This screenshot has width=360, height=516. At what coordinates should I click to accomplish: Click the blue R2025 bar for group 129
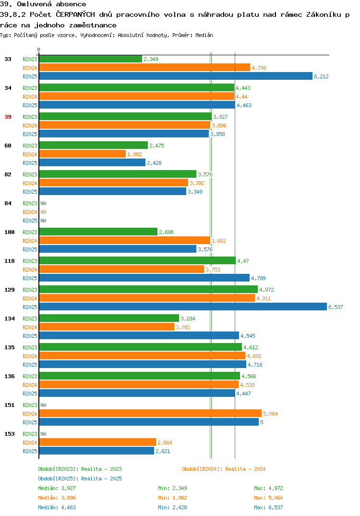[183, 307]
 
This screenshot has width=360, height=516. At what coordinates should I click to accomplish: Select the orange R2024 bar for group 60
[82, 154]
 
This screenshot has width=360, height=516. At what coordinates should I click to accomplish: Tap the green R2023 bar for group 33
[90, 59]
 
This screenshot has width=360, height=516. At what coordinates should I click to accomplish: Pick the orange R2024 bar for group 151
[150, 414]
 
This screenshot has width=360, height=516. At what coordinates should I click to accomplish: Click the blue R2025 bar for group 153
[96, 451]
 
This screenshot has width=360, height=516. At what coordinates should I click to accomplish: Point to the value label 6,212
[321, 76]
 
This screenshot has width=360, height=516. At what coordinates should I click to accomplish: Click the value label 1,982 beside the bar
[134, 154]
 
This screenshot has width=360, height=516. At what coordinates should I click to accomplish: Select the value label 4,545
[248, 336]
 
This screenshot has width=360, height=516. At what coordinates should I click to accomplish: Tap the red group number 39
[8, 117]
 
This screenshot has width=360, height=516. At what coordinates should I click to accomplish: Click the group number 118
[10, 261]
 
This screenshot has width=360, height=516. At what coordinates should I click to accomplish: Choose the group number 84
[8, 203]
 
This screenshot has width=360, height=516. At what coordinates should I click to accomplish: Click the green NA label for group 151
[43, 405]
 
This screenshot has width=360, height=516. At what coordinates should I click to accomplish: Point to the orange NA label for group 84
[43, 212]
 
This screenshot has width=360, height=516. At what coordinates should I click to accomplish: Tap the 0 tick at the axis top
[39, 49]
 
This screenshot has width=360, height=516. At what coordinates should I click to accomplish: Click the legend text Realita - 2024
[245, 469]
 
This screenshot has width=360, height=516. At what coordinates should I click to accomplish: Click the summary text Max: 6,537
[268, 507]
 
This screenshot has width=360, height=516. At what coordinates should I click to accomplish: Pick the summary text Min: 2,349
[172, 488]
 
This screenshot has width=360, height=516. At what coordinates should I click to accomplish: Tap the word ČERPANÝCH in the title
[75, 14]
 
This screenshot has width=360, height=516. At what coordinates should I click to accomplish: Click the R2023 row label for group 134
[30, 319]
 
